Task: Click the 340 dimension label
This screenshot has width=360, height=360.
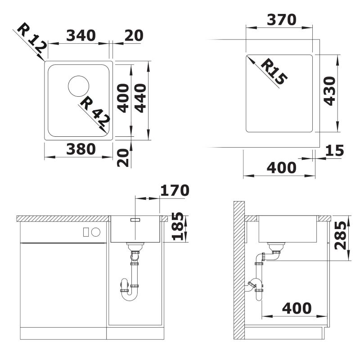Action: (81, 36)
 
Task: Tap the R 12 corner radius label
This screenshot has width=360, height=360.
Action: (32, 38)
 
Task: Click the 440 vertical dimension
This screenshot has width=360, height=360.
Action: (140, 98)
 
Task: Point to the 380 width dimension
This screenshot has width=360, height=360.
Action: (81, 149)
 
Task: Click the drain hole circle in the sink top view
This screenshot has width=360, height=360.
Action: (78, 86)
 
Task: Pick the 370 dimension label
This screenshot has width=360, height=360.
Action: (282, 20)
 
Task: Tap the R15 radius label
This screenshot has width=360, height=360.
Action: (274, 72)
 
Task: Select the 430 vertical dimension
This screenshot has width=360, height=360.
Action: (329, 91)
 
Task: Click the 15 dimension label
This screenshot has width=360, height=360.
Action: (334, 150)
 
